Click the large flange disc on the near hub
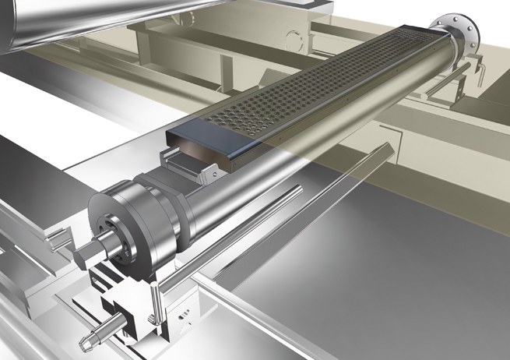pyautogui.click(x=117, y=226)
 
